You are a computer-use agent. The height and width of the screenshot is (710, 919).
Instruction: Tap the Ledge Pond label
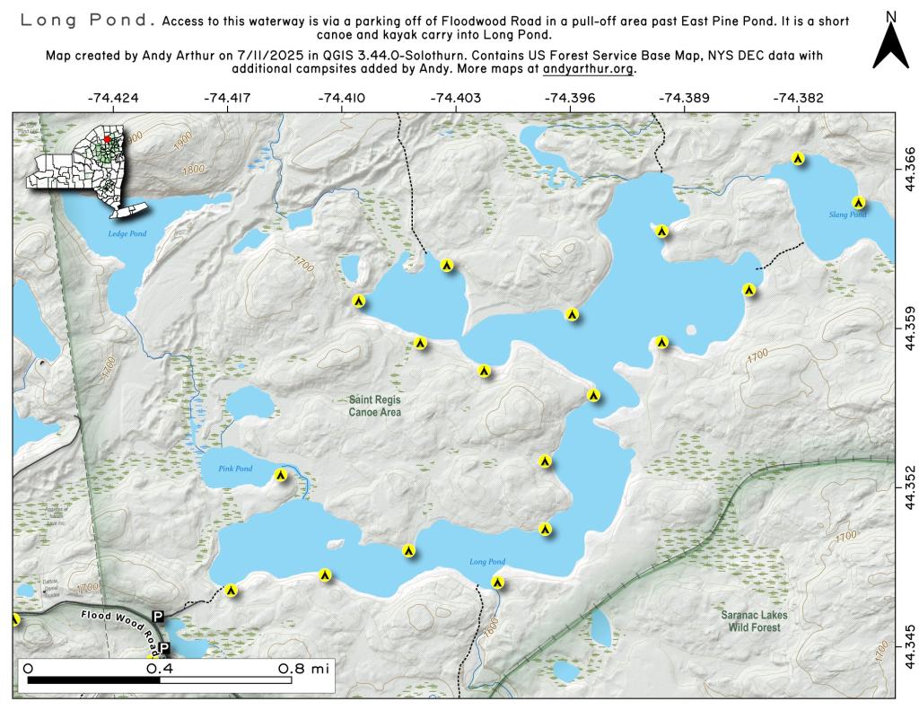click(x=127, y=233)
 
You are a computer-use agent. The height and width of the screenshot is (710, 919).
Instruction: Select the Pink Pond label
click(x=235, y=469)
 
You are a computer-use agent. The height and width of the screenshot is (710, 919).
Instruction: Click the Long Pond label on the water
click(x=487, y=562)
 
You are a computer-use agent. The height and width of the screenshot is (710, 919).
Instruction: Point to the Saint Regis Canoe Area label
click(x=375, y=406)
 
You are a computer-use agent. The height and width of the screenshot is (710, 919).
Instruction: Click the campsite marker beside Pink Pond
click(x=281, y=475)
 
